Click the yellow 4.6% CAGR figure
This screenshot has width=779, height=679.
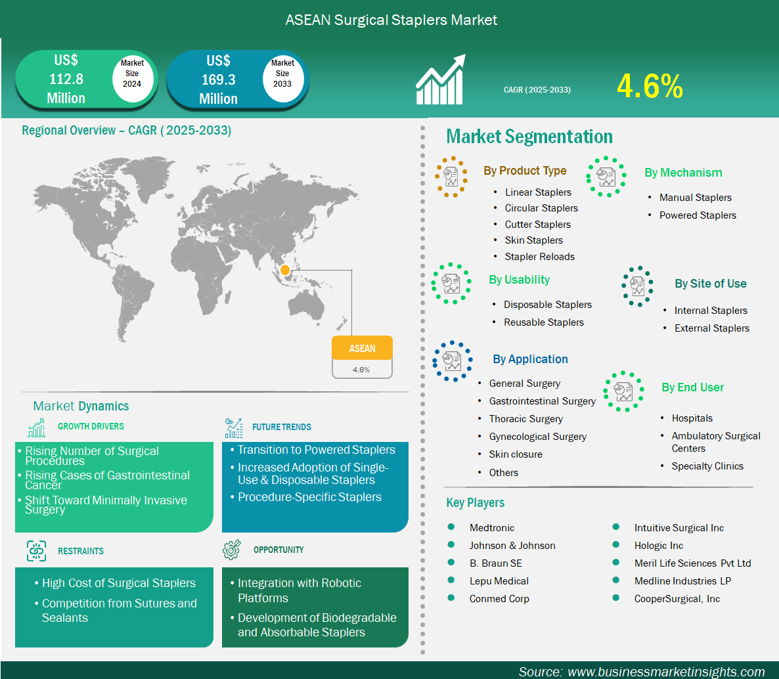(x=650, y=86)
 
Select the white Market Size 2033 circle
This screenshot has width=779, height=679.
(x=282, y=78)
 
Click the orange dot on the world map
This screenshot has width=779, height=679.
(x=284, y=270)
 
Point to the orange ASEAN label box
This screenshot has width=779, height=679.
(x=362, y=348)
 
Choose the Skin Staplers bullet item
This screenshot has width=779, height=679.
(x=533, y=240)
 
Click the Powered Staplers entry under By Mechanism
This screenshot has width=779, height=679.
(x=698, y=215)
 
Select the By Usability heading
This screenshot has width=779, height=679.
(x=519, y=280)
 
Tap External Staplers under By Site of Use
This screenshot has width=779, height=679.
(x=711, y=328)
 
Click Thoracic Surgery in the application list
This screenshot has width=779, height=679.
(x=525, y=419)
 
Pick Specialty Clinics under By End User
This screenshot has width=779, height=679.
(x=707, y=466)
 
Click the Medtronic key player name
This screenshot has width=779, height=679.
(x=492, y=527)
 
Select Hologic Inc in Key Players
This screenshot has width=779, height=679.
(x=658, y=546)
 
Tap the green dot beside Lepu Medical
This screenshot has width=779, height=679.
(x=451, y=580)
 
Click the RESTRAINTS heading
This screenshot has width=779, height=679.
(x=81, y=551)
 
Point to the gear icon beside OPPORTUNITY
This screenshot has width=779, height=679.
(x=231, y=550)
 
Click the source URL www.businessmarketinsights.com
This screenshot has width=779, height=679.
(x=666, y=672)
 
